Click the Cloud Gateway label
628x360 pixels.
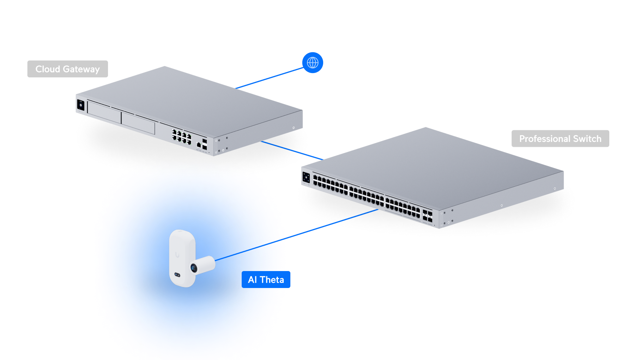pyautogui.click(x=67, y=69)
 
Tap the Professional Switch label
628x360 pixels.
pyautogui.click(x=560, y=139)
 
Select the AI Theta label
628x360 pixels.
pyautogui.click(x=266, y=280)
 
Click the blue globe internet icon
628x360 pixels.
pyautogui.click(x=313, y=63)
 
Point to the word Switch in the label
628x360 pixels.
pyautogui.click(x=587, y=139)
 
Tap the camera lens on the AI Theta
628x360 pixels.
pyautogui.click(x=194, y=268)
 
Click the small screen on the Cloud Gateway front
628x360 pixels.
pyautogui.click(x=81, y=105)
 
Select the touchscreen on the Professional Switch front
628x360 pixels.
pyautogui.click(x=306, y=177)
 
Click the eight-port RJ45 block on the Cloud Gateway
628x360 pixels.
pyautogui.click(x=181, y=137)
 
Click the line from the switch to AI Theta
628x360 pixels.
pyautogui.click(x=332, y=224)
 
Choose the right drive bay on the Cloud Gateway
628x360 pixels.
pyautogui.click(x=138, y=123)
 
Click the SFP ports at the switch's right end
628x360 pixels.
pyautogui.click(x=427, y=216)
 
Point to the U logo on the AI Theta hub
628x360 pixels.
pyautogui.click(x=177, y=254)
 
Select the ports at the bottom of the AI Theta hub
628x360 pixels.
pyautogui.click(x=177, y=275)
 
